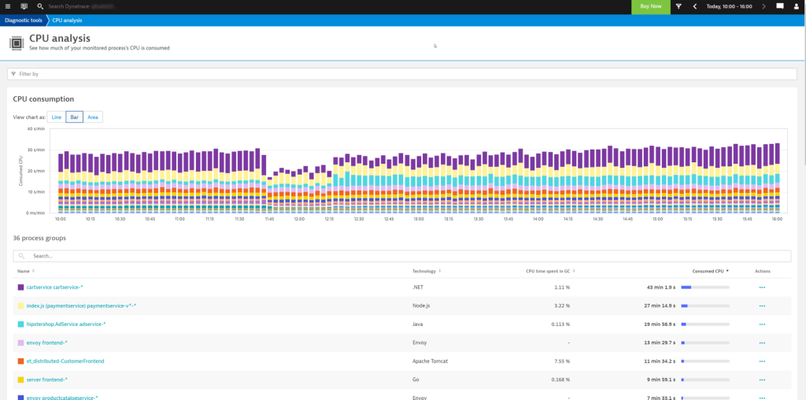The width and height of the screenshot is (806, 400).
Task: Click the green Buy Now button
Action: (x=651, y=6)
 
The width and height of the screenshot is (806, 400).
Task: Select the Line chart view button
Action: (x=57, y=117)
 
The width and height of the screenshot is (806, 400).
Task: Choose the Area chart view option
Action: (x=93, y=117)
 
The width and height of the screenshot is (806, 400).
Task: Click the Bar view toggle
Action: (x=75, y=117)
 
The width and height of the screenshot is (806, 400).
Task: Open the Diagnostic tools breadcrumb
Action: (x=24, y=20)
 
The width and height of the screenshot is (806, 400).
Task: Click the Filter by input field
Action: (x=394, y=74)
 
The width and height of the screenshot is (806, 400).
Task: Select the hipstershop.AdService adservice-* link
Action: (x=65, y=324)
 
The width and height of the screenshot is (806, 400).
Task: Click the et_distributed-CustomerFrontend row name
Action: (x=65, y=361)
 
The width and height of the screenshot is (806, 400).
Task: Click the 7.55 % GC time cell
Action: (x=560, y=361)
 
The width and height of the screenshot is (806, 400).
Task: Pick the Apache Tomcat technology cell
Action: (x=431, y=361)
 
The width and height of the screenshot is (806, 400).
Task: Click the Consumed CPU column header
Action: (x=709, y=271)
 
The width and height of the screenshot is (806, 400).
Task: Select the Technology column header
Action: (x=424, y=271)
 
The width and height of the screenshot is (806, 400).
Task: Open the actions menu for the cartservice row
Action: (x=762, y=287)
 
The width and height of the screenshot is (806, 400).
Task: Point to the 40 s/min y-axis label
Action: (x=36, y=128)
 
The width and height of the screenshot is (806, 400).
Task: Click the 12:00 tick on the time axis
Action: (x=299, y=219)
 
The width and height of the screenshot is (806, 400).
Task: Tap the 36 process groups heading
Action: (x=39, y=237)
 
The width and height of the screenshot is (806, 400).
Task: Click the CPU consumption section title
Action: (x=43, y=99)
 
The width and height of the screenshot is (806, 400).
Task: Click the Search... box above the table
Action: (x=401, y=256)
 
